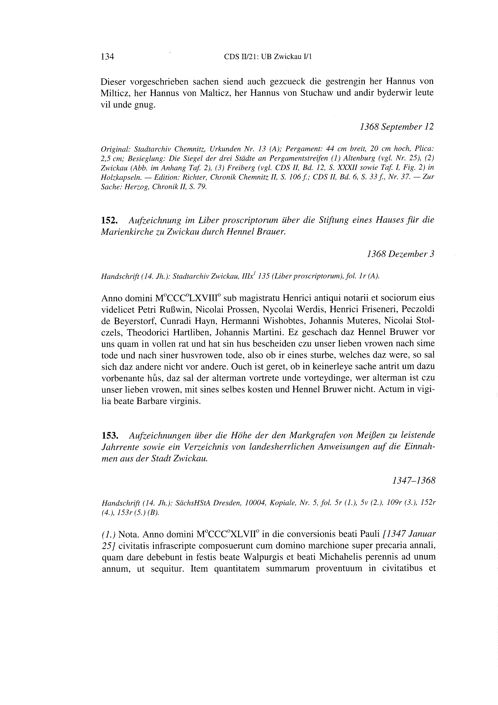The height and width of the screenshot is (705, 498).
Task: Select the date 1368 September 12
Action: (397, 127)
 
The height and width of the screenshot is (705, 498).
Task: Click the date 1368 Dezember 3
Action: (400, 254)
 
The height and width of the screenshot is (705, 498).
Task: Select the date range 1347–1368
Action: (414, 481)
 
